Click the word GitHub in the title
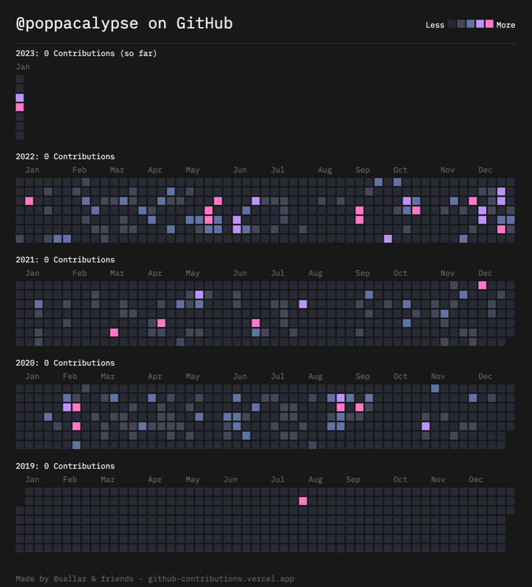pyautogui.click(x=204, y=23)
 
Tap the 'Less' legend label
pyautogui.click(x=435, y=25)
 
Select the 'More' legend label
pyautogui.click(x=506, y=25)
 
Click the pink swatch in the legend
pyautogui.click(x=489, y=24)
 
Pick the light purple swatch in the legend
pyautogui.click(x=480, y=24)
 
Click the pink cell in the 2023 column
pyautogui.click(x=20, y=107)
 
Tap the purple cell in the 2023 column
pyautogui.click(x=20, y=97)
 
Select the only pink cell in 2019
pyautogui.click(x=303, y=501)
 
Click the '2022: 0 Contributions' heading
pyautogui.click(x=65, y=157)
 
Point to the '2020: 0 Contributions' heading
pyautogui.click(x=65, y=363)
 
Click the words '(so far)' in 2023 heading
pyautogui.click(x=138, y=53)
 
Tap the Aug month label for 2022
pyautogui.click(x=325, y=170)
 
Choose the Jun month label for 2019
pyautogui.click(x=231, y=480)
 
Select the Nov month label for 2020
pyautogui.click(x=438, y=376)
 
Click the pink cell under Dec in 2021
pyautogui.click(x=483, y=285)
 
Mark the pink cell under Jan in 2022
pyautogui.click(x=29, y=201)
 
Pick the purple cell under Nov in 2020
pyautogui.click(x=426, y=426)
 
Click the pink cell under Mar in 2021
pyautogui.click(x=114, y=332)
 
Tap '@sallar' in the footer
pyautogui.click(x=70, y=579)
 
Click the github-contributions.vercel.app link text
pyautogui.click(x=221, y=579)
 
